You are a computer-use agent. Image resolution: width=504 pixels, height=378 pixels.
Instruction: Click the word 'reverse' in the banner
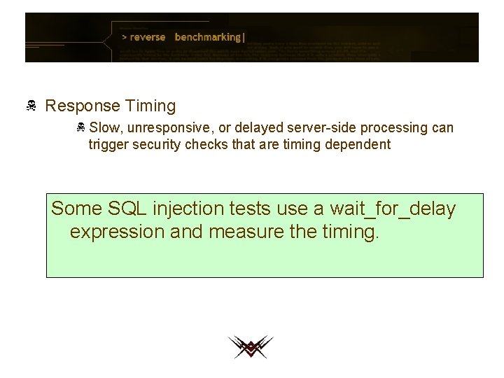point(148,37)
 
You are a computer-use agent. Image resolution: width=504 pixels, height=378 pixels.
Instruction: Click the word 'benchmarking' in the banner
point(208,37)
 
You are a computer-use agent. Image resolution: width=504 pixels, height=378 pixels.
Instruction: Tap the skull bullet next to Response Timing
point(31,106)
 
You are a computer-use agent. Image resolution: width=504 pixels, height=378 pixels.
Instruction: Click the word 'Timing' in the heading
point(150,106)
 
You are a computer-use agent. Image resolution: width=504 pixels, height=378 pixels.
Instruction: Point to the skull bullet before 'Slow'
point(81,128)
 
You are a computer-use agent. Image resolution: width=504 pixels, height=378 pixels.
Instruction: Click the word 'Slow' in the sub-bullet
point(105,128)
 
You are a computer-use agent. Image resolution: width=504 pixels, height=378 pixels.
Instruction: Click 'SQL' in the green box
point(127,209)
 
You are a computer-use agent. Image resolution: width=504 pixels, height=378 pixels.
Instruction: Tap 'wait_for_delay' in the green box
point(393,209)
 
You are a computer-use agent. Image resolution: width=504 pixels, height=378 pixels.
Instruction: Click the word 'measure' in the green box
point(246,232)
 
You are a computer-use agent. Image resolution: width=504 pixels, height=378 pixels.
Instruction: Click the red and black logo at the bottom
point(250,346)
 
